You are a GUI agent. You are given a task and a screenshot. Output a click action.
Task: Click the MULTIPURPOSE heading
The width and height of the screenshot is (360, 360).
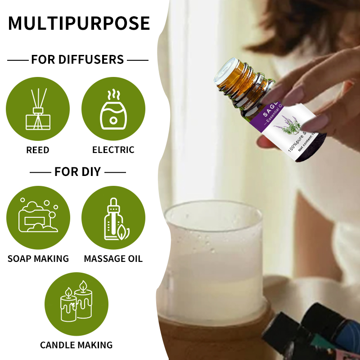(x=79, y=23)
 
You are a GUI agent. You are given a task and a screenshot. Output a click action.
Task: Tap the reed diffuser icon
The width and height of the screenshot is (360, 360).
(x=38, y=109)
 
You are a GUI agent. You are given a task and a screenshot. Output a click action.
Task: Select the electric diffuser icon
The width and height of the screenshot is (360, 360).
(x=113, y=109)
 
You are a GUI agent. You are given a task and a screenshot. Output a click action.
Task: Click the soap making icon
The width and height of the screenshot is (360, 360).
(x=38, y=218)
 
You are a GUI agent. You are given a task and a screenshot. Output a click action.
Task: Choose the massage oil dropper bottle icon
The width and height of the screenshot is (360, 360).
(x=113, y=218)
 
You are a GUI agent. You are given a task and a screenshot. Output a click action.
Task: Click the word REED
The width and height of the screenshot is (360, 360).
(x=38, y=150)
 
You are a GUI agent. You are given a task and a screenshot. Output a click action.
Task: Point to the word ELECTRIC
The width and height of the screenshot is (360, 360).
(x=113, y=150)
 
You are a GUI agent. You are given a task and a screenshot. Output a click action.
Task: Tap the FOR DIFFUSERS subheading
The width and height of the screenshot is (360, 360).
(x=77, y=59)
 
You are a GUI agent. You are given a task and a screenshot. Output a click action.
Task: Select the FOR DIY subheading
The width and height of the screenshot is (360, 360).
(x=77, y=171)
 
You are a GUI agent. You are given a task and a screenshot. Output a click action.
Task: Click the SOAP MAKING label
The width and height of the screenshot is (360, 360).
(x=38, y=259)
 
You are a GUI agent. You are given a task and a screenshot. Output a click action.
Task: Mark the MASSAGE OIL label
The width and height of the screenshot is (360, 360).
(x=113, y=259)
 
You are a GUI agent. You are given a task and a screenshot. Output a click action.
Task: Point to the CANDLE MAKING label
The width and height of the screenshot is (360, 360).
(x=76, y=345)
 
